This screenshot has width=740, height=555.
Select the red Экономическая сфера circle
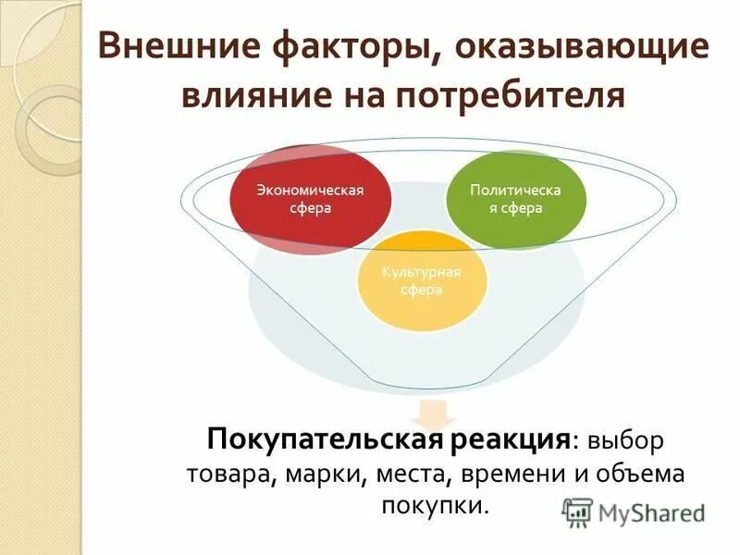tap(310, 199)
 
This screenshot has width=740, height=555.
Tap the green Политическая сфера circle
tap(515, 198)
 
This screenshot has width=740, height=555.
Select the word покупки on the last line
tap(431, 506)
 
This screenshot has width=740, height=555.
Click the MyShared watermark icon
tap(578, 512)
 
